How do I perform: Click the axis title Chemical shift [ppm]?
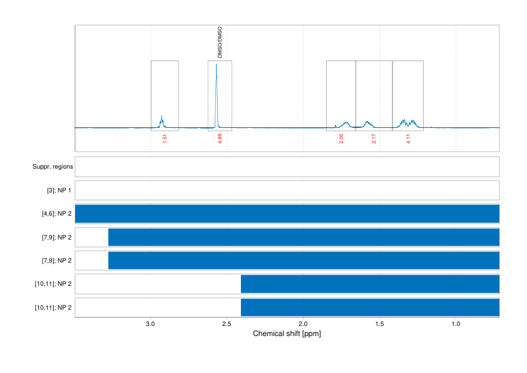tap(287, 334)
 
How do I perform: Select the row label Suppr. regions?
tap(53, 167)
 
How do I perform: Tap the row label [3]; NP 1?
tap(58, 191)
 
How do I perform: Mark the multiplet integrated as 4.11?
tap(408, 122)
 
